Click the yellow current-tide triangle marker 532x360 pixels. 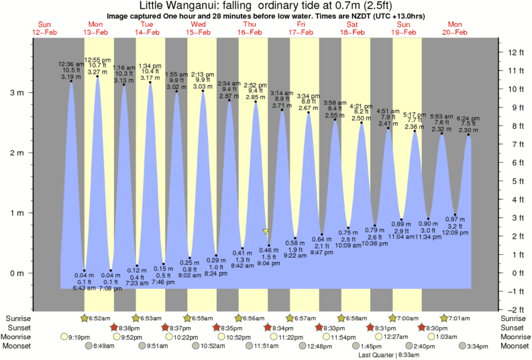click(266, 231)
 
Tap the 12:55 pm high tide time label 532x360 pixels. click(97, 59)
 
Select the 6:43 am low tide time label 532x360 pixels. click(84, 288)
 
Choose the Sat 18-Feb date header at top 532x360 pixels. click(354, 28)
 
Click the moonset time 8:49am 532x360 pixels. click(103, 347)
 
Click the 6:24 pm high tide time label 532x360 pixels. click(469, 118)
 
